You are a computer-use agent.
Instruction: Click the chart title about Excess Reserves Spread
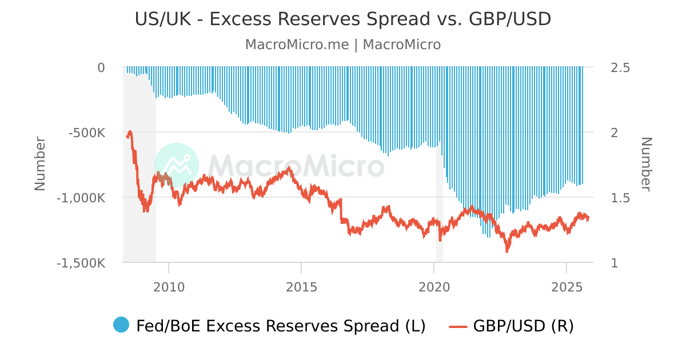click(x=343, y=19)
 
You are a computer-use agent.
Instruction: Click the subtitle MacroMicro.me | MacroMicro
click(x=343, y=45)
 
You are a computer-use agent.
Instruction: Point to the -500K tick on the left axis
click(x=87, y=133)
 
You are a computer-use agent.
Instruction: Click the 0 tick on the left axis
click(x=101, y=67)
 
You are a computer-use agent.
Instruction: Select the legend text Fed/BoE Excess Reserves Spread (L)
click(x=281, y=326)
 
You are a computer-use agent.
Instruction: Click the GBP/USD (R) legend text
click(x=523, y=326)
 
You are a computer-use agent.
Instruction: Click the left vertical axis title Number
click(x=40, y=165)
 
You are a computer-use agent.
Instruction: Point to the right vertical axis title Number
click(x=646, y=165)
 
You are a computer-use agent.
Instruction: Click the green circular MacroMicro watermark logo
click(x=177, y=165)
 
